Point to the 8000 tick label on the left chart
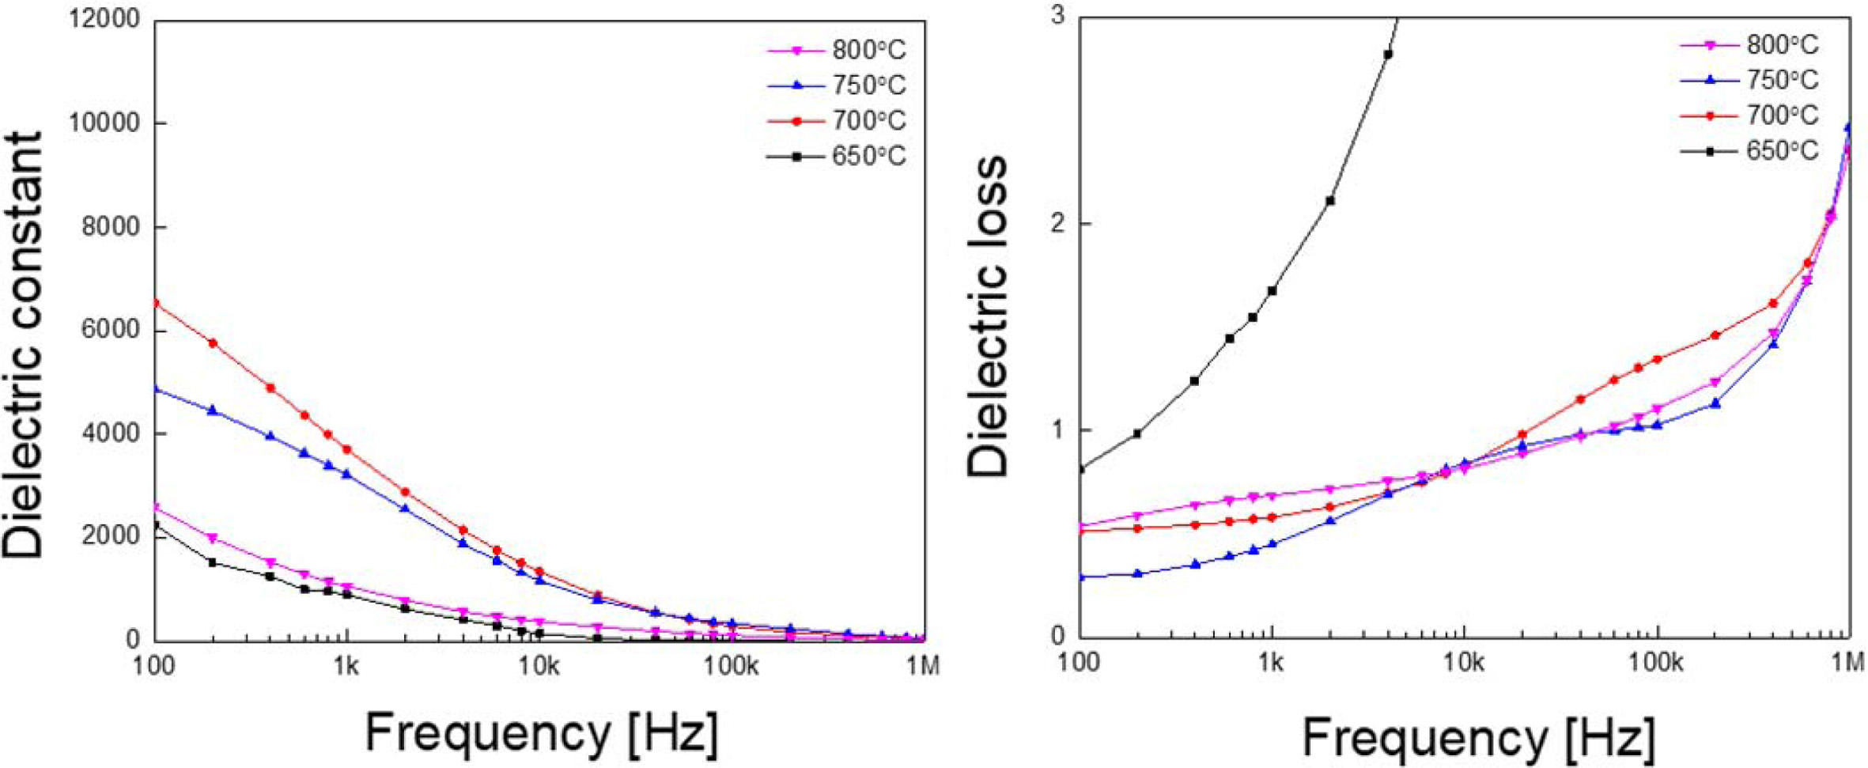[111, 227]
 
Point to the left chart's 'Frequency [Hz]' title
[542, 733]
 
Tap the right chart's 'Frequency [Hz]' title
[1478, 737]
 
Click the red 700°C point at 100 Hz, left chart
[156, 303]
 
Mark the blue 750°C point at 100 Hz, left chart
[156, 389]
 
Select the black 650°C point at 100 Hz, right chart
[1080, 470]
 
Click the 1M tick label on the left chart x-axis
[924, 668]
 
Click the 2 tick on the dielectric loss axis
[1057, 224]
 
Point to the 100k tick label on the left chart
[731, 668]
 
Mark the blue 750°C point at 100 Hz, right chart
[1080, 577]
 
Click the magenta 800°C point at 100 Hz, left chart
[156, 507]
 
